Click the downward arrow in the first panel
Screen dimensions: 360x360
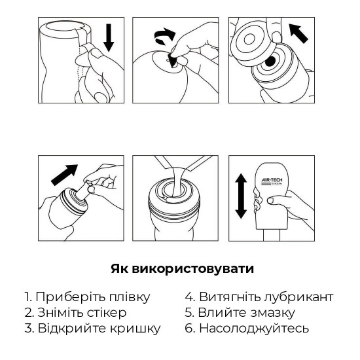tap(109, 39)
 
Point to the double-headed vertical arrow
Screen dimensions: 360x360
tap(240, 196)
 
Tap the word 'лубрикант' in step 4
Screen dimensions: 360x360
tap(300, 297)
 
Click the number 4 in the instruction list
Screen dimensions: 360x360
tap(188, 297)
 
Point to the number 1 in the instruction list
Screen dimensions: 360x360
tap(26, 297)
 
